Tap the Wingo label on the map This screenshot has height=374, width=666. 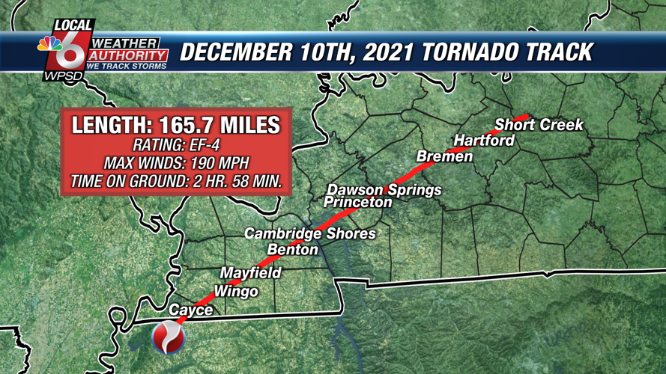pyautogui.click(x=236, y=292)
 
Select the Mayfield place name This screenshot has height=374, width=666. pyautogui.click(x=250, y=273)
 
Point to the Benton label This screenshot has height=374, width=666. pyautogui.click(x=293, y=250)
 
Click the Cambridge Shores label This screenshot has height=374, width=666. pyautogui.click(x=310, y=234)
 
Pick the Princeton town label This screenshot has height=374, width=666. pyautogui.click(x=358, y=202)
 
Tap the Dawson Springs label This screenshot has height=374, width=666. pyautogui.click(x=384, y=190)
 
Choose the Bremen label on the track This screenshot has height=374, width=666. pyautogui.click(x=444, y=156)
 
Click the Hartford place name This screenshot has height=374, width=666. pyautogui.click(x=484, y=141)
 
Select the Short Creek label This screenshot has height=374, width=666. pyautogui.click(x=539, y=124)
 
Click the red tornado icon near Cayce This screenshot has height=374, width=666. pyautogui.click(x=168, y=338)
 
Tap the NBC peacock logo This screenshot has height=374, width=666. pyautogui.click(x=51, y=44)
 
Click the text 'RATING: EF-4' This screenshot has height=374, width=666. pyautogui.click(x=175, y=145)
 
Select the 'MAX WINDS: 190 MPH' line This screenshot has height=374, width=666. pyautogui.click(x=175, y=163)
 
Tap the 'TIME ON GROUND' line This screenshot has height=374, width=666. pyautogui.click(x=175, y=181)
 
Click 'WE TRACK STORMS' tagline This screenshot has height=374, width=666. pyautogui.click(x=127, y=67)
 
